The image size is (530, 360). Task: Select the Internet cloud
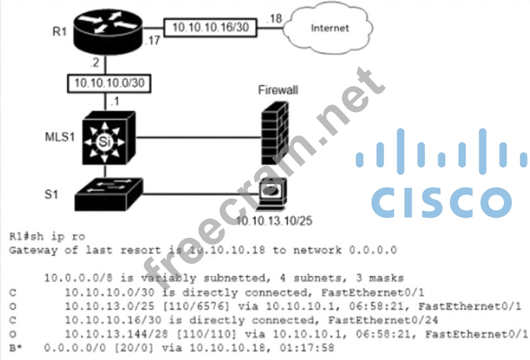coord(331,27)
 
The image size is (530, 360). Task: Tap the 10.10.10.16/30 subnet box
coord(209,27)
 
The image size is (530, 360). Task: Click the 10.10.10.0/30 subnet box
coord(109,83)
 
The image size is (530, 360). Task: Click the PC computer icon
coord(272,194)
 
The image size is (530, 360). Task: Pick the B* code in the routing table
coord(16,348)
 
